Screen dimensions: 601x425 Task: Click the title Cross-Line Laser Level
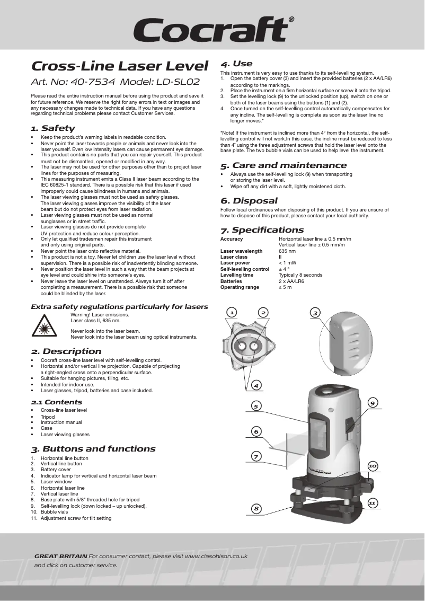[119, 66]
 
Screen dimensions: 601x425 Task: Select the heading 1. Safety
[52, 128]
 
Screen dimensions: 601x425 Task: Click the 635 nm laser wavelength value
[287, 251]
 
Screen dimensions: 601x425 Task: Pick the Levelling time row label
[237, 275]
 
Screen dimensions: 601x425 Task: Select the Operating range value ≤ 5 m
[285, 287]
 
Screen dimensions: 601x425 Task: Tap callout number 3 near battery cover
[315, 313]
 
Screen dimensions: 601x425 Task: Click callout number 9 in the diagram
[373, 403]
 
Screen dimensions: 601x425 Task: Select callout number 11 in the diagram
[372, 502]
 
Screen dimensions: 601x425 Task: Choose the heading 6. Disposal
[249, 201]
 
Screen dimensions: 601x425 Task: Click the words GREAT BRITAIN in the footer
[60, 556]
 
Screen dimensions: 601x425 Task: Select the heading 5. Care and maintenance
[284, 165]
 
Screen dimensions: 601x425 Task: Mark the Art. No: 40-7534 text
[73, 82]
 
